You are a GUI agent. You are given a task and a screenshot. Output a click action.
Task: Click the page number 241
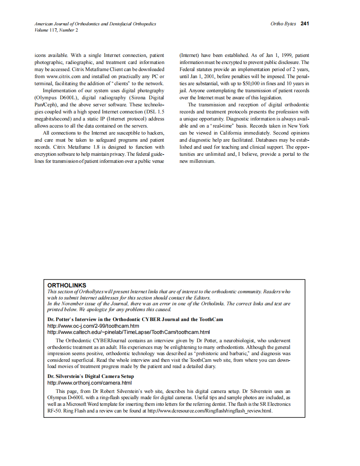click(305, 24)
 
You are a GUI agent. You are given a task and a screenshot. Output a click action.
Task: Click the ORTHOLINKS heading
click(67, 285)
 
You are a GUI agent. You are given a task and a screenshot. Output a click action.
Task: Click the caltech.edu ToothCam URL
click(128, 332)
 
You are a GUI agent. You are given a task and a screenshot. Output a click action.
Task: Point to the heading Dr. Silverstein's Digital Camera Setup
click(91, 376)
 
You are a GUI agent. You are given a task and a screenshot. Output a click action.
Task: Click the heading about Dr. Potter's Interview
click(135, 319)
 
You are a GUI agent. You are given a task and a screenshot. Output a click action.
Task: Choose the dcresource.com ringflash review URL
click(207, 411)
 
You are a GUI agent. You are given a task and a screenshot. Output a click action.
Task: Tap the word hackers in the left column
click(155, 133)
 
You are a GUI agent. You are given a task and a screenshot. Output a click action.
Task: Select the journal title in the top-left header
click(95, 24)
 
